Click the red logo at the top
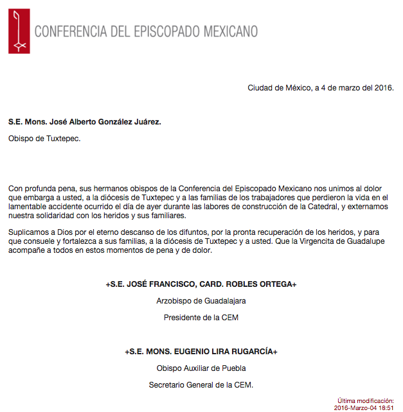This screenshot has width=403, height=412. point(19,31)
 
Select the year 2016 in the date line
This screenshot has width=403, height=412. point(383,88)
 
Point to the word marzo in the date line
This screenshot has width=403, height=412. point(340,88)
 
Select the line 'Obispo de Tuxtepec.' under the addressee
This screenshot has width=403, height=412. point(44,138)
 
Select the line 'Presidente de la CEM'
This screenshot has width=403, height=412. point(201,317)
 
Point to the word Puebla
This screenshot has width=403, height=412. point(233,368)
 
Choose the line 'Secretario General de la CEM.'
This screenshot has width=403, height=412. point(201,384)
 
